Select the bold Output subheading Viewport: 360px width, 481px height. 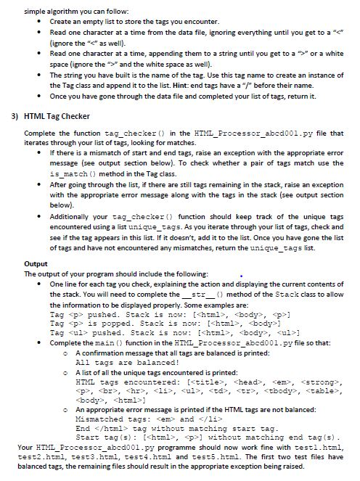coord(36,263)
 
